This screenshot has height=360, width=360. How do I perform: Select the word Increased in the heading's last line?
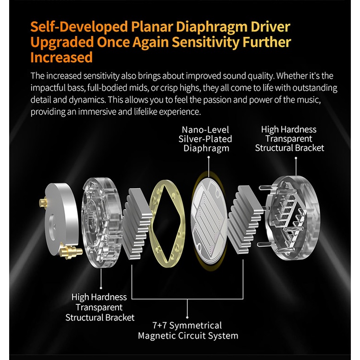click(x=61, y=58)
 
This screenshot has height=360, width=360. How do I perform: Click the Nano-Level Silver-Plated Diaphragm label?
click(x=205, y=139)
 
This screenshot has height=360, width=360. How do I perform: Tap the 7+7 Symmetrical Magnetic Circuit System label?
click(x=188, y=331)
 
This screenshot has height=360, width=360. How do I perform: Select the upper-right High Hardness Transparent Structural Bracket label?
click(x=289, y=139)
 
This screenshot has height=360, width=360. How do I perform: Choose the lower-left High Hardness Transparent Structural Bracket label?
click(x=100, y=307)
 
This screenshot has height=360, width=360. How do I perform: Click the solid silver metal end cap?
click(x=61, y=219)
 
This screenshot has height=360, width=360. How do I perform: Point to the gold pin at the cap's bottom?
click(x=71, y=252)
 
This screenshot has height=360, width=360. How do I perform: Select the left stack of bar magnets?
click(x=137, y=223)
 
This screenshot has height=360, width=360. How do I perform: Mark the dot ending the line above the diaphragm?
click(x=208, y=157)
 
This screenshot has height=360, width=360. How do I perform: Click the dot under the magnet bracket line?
click(x=187, y=317)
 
